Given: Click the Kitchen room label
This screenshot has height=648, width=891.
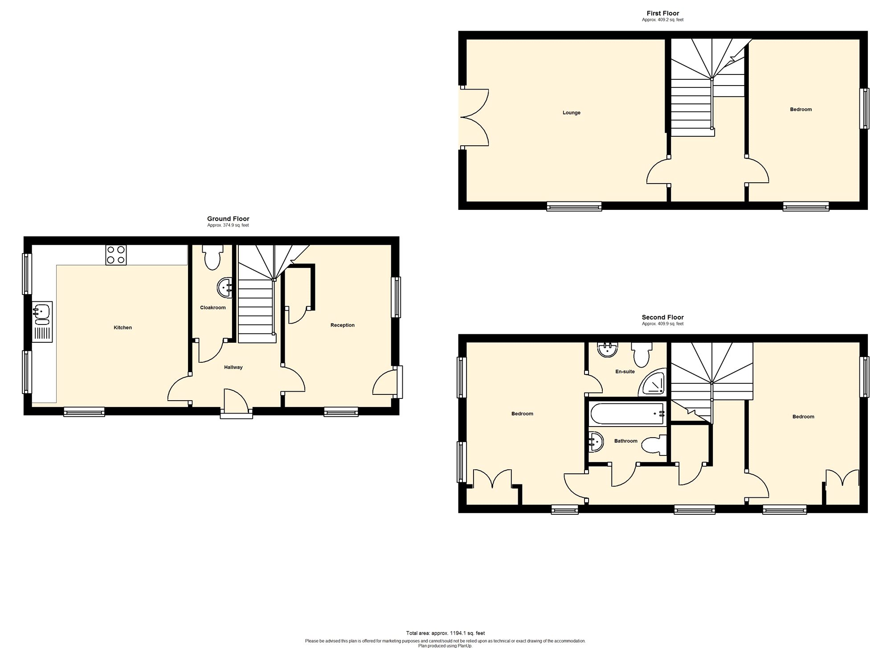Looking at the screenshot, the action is [123, 328].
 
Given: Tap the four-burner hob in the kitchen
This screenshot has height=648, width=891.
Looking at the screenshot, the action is [116, 255].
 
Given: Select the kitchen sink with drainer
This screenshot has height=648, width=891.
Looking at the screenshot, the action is [42, 322].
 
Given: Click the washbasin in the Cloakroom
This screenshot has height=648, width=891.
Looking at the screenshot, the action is [225, 287].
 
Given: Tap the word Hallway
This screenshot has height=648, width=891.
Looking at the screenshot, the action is [233, 367].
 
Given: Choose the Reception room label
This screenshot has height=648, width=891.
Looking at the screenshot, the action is [343, 325].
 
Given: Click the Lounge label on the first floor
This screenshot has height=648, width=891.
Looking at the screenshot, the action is [572, 113].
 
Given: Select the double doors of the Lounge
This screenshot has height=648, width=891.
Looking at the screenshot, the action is [475, 118].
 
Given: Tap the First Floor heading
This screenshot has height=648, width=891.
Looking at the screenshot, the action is [663, 13].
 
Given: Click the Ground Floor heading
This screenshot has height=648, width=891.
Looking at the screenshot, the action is [228, 219].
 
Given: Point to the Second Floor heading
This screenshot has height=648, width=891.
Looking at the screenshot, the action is [663, 317].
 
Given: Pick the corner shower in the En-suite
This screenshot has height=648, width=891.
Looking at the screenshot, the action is [653, 383].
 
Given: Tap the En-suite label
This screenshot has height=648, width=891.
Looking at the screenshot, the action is [625, 371].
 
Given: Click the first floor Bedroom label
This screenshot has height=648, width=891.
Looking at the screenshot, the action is [801, 109].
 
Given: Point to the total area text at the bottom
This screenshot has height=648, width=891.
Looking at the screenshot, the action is [445, 633].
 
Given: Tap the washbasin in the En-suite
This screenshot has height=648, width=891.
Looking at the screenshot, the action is [608, 350].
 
